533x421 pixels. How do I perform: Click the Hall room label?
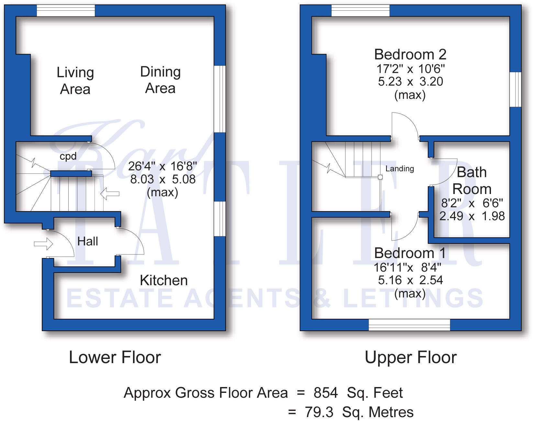[87, 242]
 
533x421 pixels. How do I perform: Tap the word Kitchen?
[163, 280]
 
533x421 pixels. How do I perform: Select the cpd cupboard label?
[68, 157]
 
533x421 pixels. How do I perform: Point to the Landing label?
[399, 168]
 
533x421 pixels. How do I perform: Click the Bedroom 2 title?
[410, 54]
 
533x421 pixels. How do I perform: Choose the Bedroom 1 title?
[410, 253]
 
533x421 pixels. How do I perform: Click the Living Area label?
[75, 81]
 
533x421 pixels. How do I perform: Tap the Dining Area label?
[160, 80]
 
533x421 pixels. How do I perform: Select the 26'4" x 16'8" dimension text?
[162, 166]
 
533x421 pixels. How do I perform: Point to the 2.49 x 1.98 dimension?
[472, 216]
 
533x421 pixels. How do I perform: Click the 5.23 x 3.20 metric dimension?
[410, 81]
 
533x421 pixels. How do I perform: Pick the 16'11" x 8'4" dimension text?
[407, 267]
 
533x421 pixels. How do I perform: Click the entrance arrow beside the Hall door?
[43, 244]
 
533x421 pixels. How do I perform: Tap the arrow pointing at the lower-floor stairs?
[110, 194]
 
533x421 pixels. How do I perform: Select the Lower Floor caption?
[115, 357]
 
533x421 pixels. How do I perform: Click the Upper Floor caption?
[410, 357]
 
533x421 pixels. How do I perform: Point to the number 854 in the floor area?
[326, 393]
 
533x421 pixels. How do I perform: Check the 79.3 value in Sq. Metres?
[319, 412]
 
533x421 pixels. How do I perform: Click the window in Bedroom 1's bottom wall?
[409, 325]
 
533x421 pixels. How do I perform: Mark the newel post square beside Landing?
[380, 177]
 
